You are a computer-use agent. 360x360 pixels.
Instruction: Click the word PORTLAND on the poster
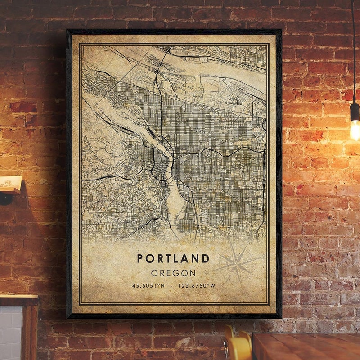173,259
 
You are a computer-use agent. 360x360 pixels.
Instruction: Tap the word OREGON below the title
173,273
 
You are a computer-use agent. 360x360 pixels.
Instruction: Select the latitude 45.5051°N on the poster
148,285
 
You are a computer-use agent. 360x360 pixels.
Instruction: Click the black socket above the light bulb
355,111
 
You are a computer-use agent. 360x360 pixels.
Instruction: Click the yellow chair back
238,346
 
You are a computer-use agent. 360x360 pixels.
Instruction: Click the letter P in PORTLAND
140,259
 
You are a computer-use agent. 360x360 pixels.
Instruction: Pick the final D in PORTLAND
206,259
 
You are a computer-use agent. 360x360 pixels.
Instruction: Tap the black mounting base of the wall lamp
5,198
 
